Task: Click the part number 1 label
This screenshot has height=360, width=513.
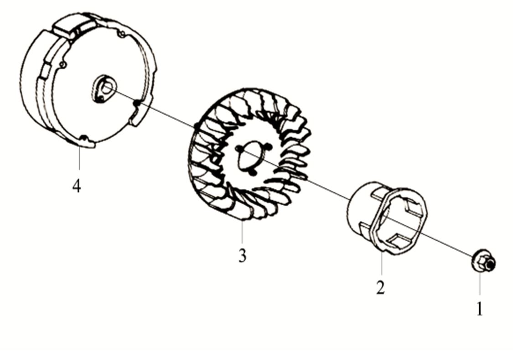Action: (480, 308)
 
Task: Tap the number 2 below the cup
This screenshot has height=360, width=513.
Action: (380, 287)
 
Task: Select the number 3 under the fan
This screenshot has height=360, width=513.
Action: (242, 256)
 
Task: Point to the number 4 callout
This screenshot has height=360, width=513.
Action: (77, 186)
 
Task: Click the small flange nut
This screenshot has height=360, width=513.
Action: (484, 261)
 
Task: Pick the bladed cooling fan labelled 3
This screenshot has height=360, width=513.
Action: (250, 155)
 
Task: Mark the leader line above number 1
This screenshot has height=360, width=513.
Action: (480, 284)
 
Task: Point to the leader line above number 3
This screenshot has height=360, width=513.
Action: (242, 232)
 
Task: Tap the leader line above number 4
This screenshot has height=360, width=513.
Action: (79, 158)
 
